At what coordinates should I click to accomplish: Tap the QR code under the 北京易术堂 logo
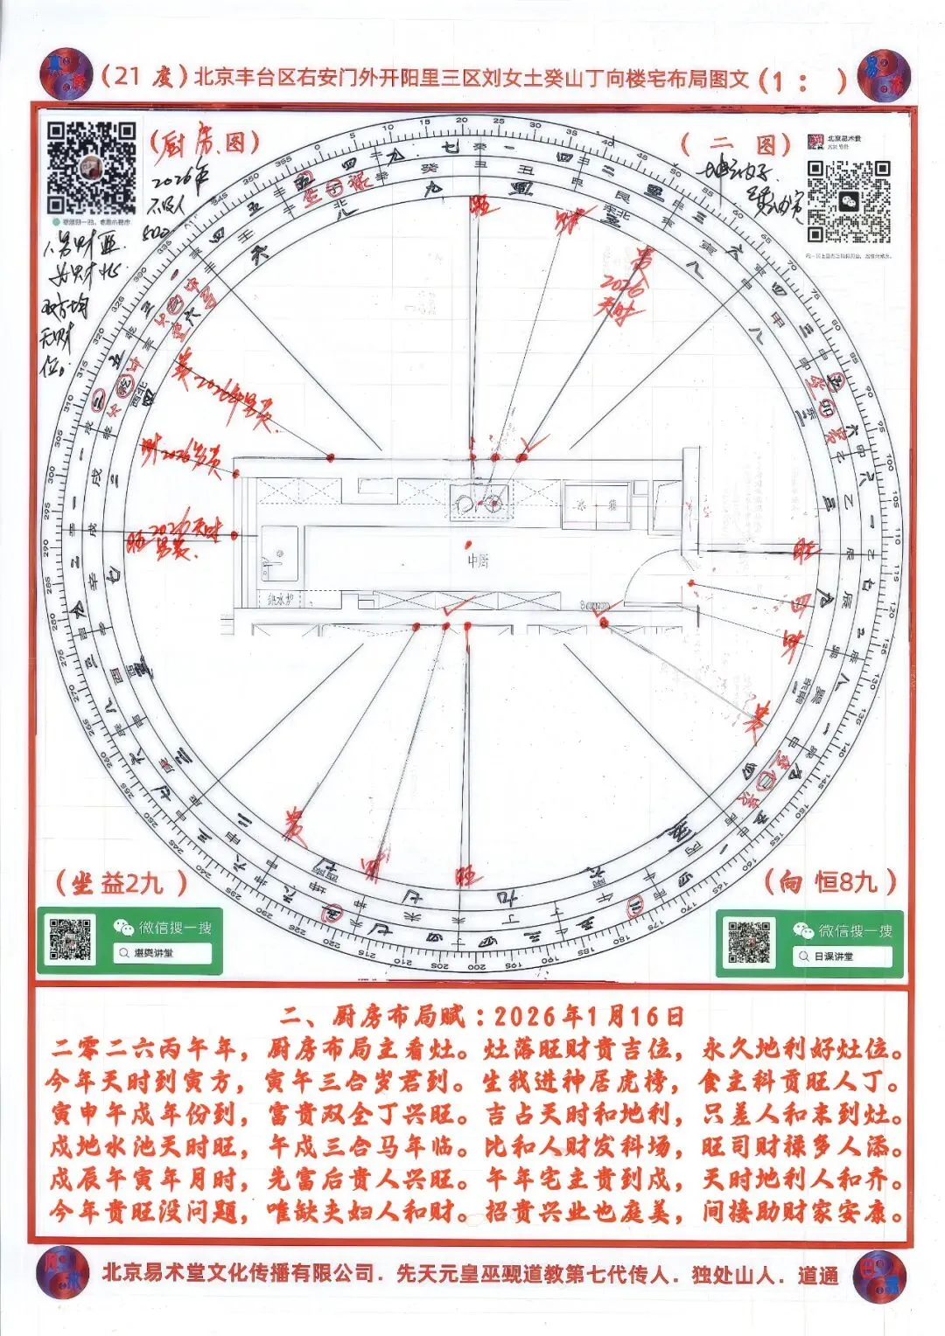click(x=848, y=200)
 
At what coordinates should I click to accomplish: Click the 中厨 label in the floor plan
click(x=478, y=560)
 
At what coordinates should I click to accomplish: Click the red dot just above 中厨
click(x=470, y=545)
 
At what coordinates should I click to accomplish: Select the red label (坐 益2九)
click(x=121, y=882)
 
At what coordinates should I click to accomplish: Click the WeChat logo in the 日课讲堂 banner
click(x=802, y=930)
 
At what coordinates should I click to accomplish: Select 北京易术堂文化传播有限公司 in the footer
click(x=238, y=1274)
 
